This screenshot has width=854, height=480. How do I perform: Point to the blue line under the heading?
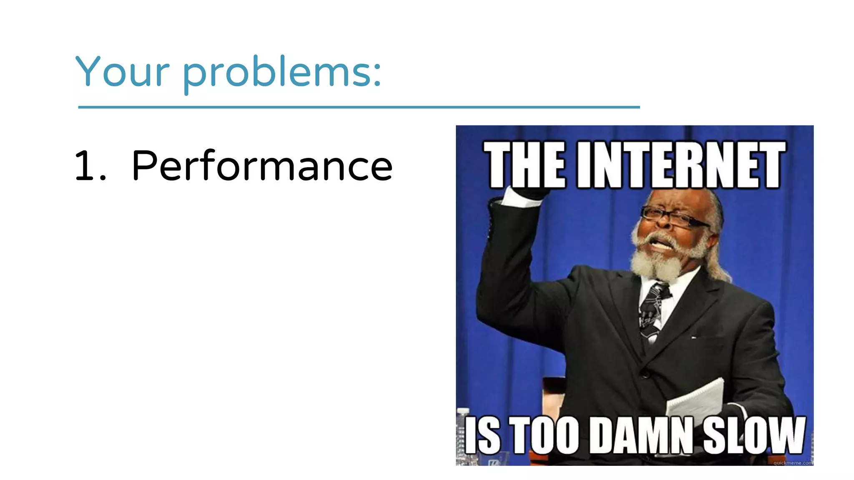click(359, 107)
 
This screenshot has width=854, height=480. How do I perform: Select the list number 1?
click(85, 166)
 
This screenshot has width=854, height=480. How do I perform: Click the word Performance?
click(262, 166)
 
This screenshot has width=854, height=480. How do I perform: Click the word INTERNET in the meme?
click(681, 165)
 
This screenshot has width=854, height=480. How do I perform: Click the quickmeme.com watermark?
click(792, 462)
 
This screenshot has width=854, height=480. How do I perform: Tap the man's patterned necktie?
click(653, 308)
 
